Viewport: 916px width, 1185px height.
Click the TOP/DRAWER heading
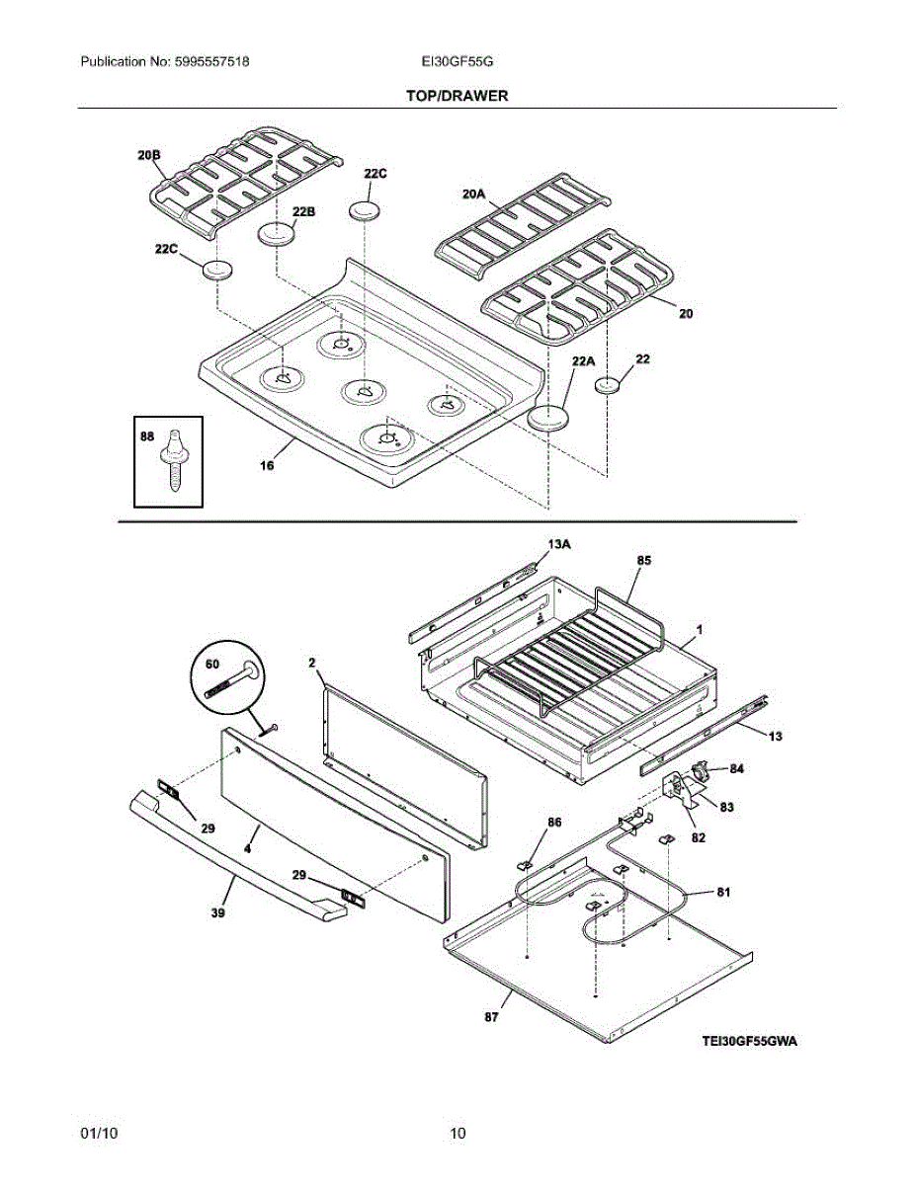tap(457, 96)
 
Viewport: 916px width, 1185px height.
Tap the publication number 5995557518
tap(210, 61)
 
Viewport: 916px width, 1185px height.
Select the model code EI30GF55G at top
tap(457, 61)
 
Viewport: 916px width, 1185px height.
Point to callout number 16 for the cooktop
tap(267, 466)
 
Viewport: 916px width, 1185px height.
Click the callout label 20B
tap(148, 155)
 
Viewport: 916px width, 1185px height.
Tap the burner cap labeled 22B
tap(277, 235)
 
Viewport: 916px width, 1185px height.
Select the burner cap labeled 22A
tap(549, 419)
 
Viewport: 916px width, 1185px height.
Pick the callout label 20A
tap(474, 195)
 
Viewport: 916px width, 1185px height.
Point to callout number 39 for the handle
tap(217, 913)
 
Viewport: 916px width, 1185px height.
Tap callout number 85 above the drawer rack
tap(643, 560)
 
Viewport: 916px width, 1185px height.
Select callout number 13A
tap(559, 544)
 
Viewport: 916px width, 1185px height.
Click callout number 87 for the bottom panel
tap(491, 1016)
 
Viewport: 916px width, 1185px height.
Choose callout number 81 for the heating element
tap(723, 893)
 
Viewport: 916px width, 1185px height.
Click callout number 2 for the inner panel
tap(311, 665)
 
